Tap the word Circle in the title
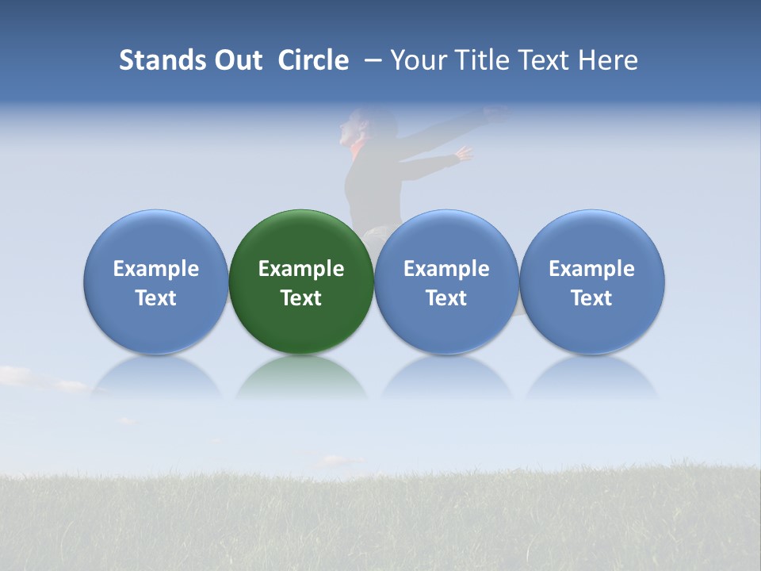coord(313,60)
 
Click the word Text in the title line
coord(545,60)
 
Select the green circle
coord(301,282)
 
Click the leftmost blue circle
coord(155,282)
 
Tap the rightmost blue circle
coord(591,282)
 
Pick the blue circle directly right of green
coord(446,282)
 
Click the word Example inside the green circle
coord(301,269)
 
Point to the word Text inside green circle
coord(301,298)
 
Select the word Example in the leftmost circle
coord(155,269)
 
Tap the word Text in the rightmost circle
coord(591,298)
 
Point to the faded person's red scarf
coord(359,149)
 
